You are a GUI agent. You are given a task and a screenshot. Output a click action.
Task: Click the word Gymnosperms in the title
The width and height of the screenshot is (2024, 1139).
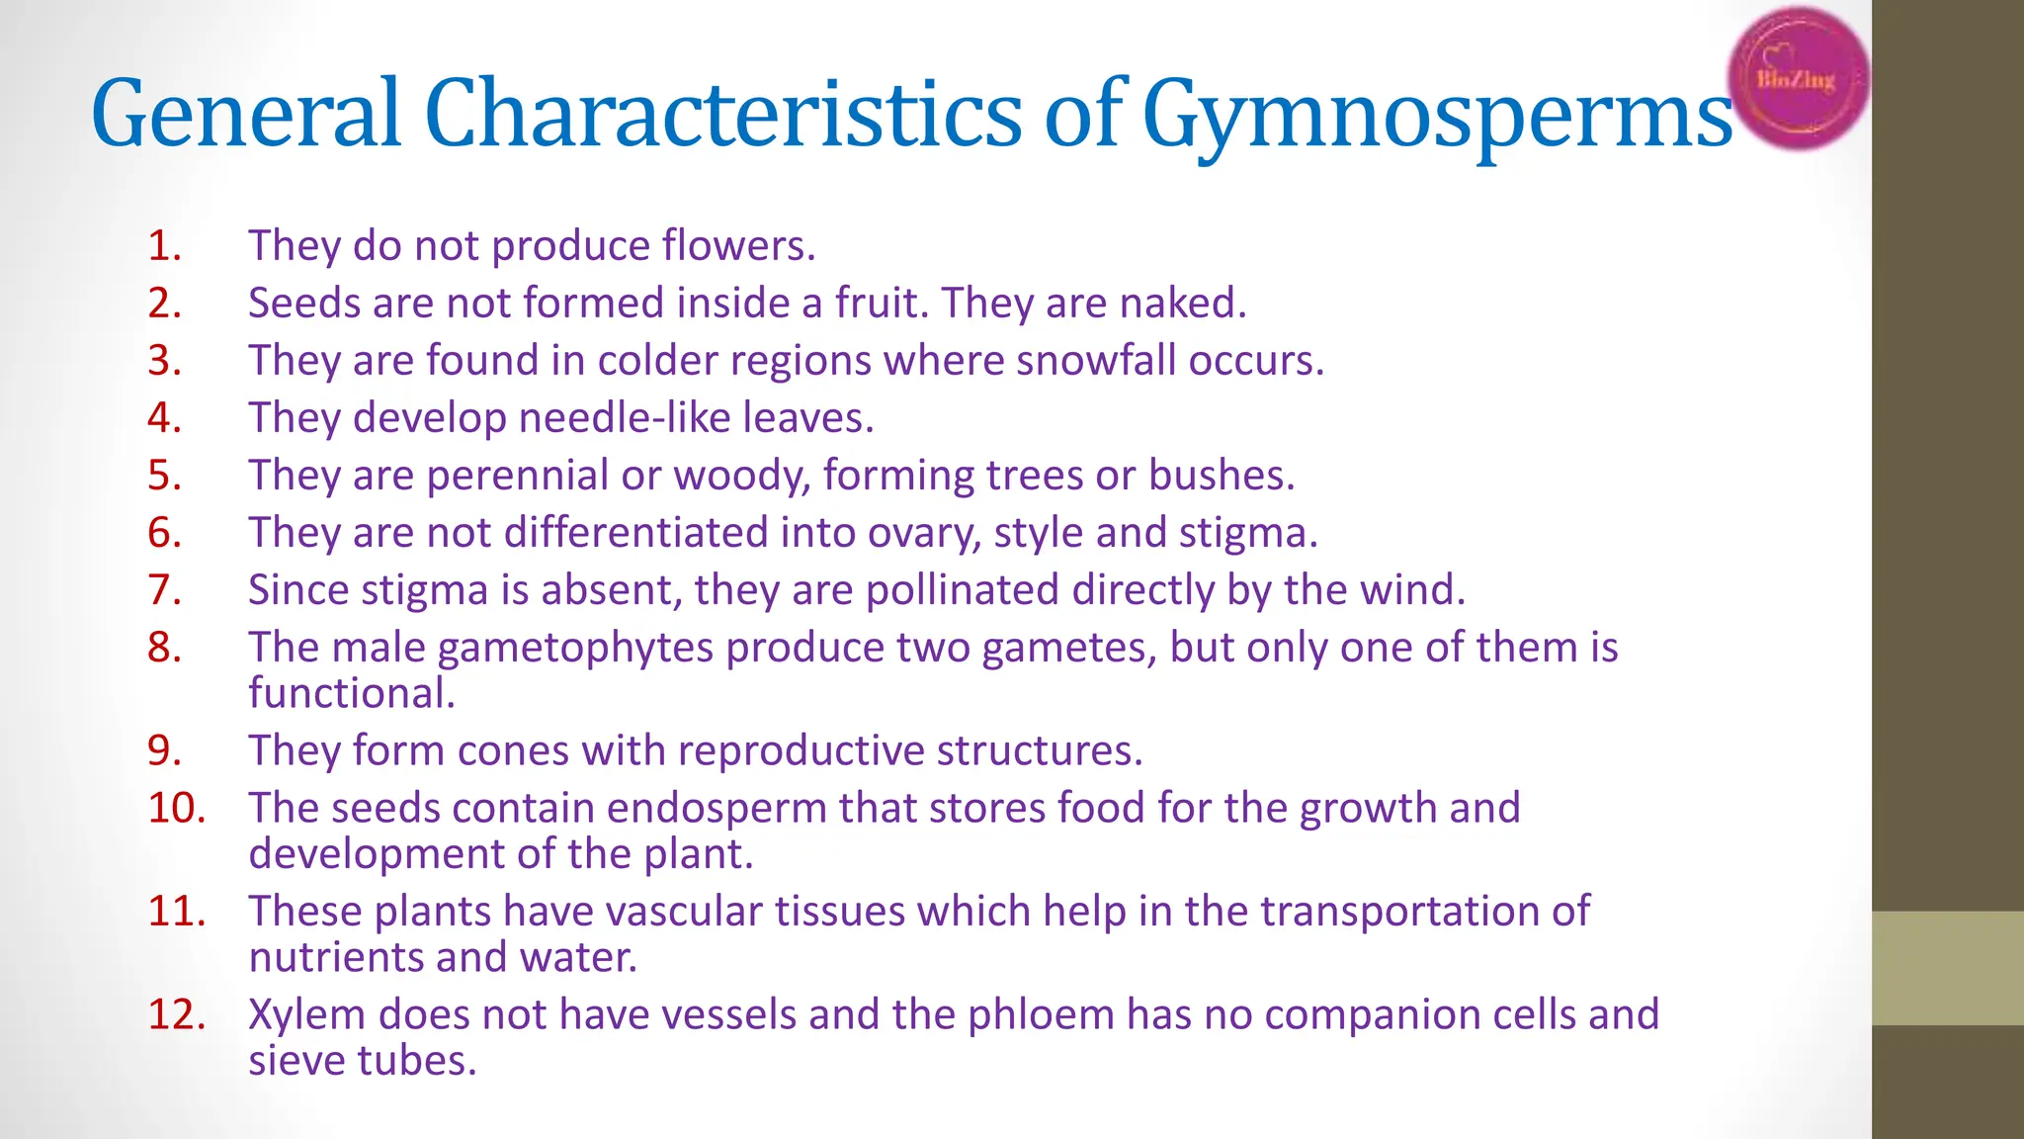click(1437, 115)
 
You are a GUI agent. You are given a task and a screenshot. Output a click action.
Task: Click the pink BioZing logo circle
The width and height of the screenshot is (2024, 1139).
click(1799, 79)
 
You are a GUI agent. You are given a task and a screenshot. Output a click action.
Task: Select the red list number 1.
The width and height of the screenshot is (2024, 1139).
click(164, 245)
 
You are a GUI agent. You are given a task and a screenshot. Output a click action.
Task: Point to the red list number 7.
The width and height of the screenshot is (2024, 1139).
click(164, 589)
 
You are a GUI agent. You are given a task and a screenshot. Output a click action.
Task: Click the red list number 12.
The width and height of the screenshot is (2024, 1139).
click(177, 1014)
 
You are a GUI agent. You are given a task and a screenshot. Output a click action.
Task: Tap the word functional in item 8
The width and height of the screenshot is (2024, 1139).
click(351, 693)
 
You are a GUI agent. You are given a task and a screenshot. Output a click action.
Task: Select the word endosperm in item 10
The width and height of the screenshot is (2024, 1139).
click(717, 808)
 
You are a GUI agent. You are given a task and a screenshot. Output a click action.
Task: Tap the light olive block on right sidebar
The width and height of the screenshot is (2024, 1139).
click(1948, 968)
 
